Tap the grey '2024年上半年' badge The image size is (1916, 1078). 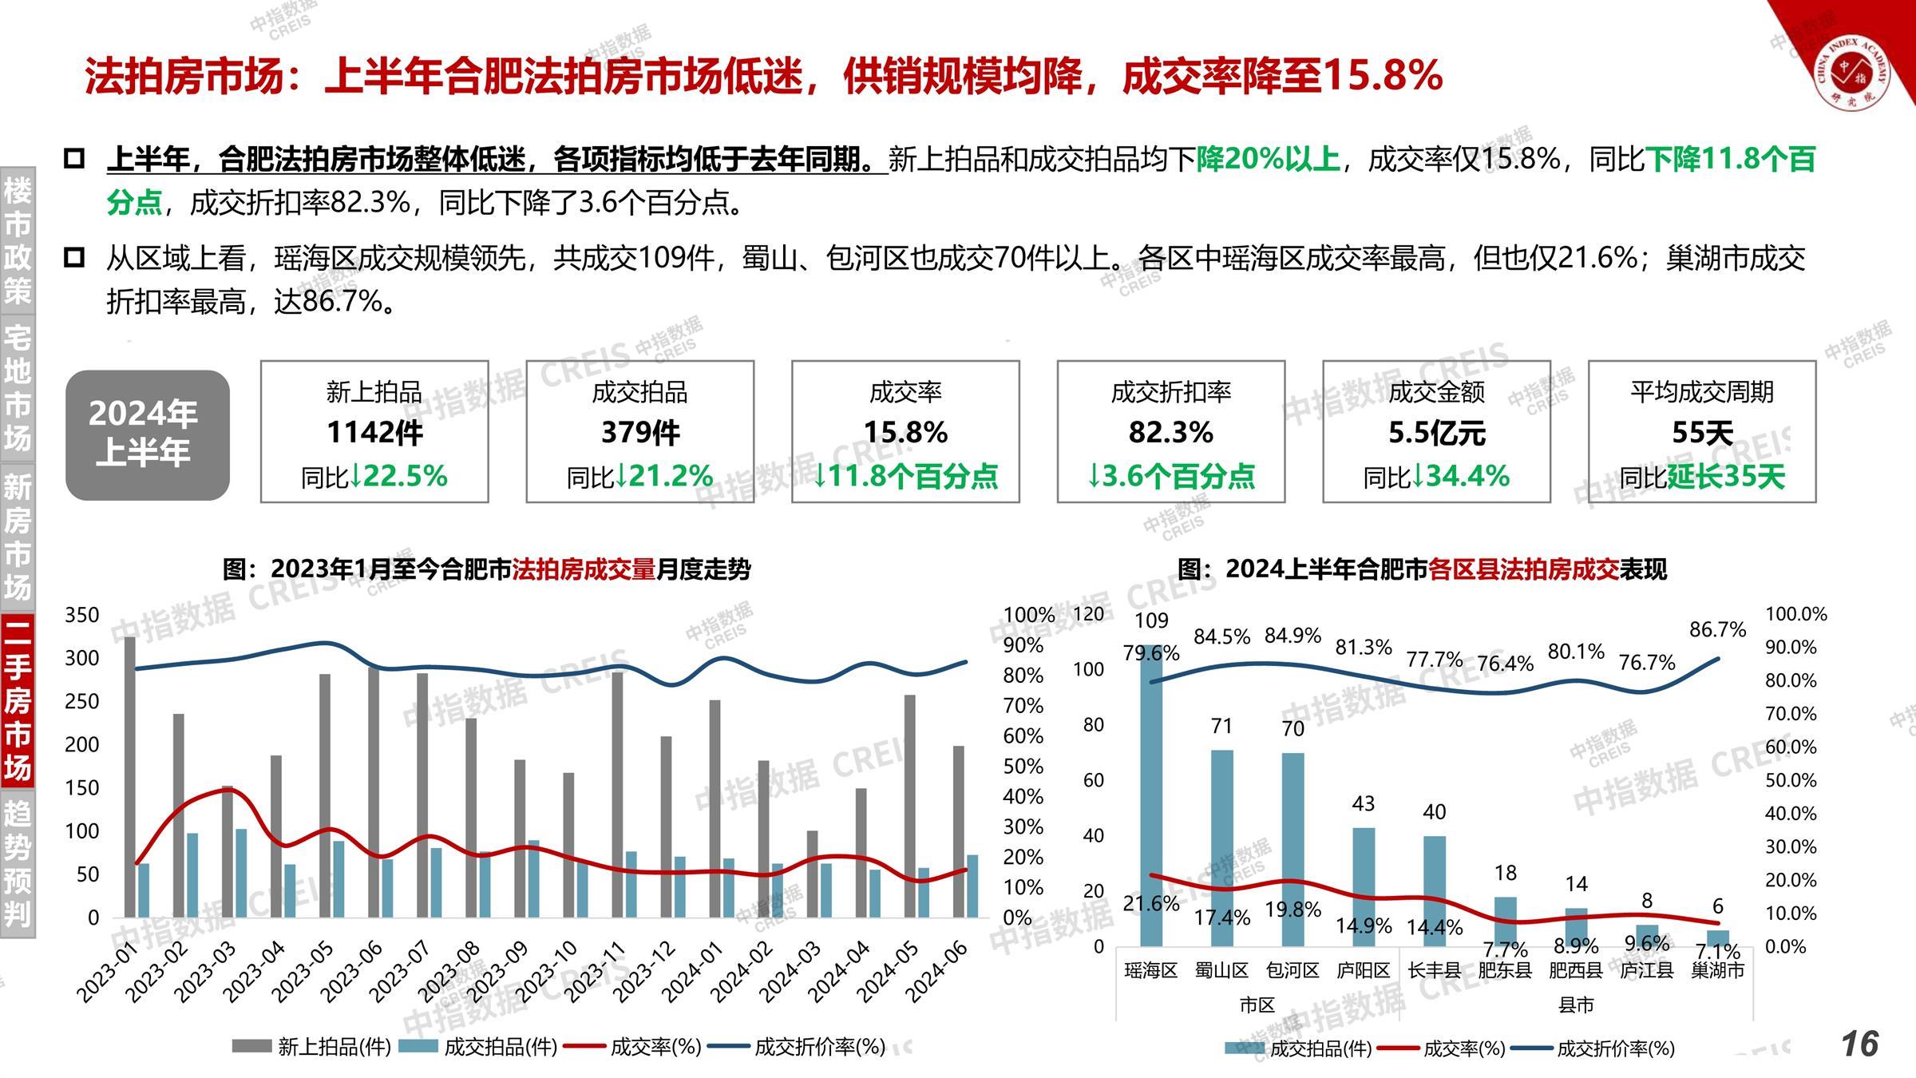pyautogui.click(x=148, y=435)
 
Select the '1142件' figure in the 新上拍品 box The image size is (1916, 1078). pyautogui.click(x=374, y=433)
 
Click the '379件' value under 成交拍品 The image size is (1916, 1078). pyautogui.click(x=640, y=433)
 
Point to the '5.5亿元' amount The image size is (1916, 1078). pyautogui.click(x=1436, y=433)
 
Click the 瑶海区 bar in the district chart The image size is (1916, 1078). pyautogui.click(x=1150, y=799)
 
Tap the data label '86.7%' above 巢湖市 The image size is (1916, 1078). pyautogui.click(x=1717, y=630)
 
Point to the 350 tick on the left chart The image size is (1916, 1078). pyautogui.click(x=82, y=615)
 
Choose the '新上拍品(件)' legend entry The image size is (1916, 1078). pyautogui.click(x=311, y=1047)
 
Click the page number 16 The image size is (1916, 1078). pyautogui.click(x=1859, y=1044)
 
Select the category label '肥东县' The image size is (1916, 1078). pyautogui.click(x=1505, y=970)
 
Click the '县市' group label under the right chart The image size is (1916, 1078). pyautogui.click(x=1575, y=1005)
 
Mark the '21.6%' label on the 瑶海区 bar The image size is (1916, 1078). pyautogui.click(x=1151, y=903)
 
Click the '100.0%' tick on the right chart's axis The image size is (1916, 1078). pyautogui.click(x=1795, y=614)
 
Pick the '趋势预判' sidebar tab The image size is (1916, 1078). pyautogui.click(x=18, y=863)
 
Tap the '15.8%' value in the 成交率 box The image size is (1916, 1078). pyautogui.click(x=905, y=433)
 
